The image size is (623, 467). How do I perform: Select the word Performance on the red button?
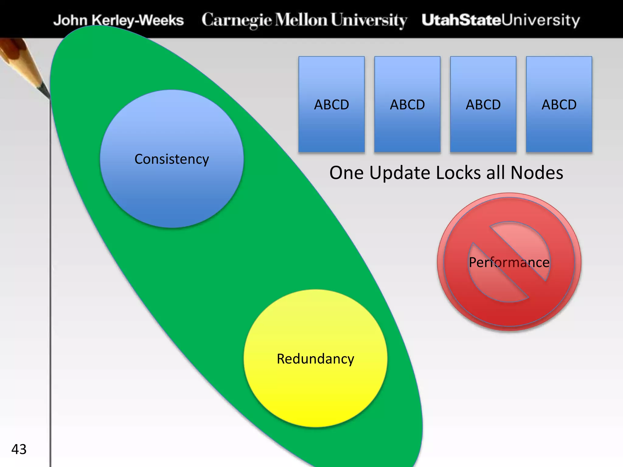point(509,262)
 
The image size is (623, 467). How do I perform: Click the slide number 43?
point(19,449)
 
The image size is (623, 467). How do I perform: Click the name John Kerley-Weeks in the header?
point(119,20)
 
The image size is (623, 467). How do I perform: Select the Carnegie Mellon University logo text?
point(304,20)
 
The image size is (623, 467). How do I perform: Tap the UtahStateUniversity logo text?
point(501,20)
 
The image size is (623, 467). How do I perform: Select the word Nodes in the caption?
point(537,173)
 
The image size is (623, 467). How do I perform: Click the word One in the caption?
point(346,173)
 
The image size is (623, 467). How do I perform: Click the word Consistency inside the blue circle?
point(172,159)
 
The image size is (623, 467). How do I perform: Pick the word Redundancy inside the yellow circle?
point(315,359)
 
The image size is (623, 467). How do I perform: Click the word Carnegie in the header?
point(237,20)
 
